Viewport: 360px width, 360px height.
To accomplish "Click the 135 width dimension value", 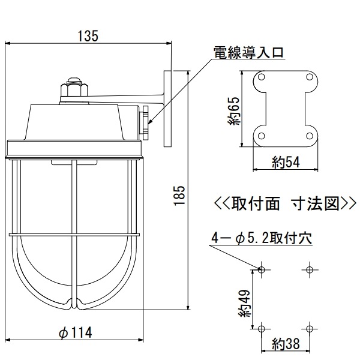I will pos(88,35).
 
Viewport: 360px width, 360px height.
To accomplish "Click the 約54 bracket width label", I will pos(286,161).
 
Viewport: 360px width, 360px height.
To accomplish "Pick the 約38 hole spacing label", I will pos(286,345).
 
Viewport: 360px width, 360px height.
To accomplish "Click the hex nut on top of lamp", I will pos(74,90).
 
